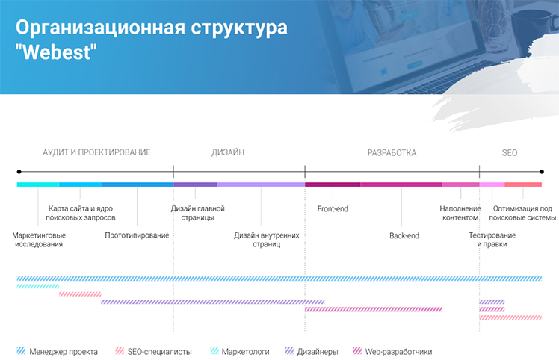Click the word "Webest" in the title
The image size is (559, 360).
(x=56, y=52)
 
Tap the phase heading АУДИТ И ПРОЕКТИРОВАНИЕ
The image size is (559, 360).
(x=96, y=152)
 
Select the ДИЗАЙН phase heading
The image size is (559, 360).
(x=228, y=152)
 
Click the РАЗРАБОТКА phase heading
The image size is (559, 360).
(x=392, y=153)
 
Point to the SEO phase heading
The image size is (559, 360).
(x=510, y=153)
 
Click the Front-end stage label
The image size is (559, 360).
(x=333, y=209)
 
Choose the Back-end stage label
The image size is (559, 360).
(x=404, y=235)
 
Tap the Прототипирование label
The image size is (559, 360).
(x=137, y=235)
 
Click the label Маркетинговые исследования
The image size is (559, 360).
(x=39, y=240)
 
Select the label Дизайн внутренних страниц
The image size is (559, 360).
(x=267, y=240)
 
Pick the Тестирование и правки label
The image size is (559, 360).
(x=492, y=240)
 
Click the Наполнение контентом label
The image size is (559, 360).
(x=460, y=213)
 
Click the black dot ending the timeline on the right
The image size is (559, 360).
(x=542, y=172)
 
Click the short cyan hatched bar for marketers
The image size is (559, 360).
(x=38, y=286)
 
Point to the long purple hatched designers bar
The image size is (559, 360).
(x=212, y=302)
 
